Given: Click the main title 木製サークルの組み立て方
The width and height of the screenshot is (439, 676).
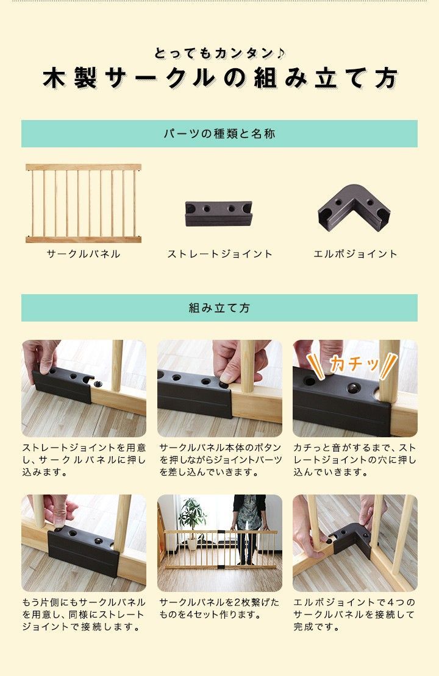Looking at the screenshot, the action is coord(220,79).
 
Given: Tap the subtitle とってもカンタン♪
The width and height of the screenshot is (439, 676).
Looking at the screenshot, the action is coord(220,53).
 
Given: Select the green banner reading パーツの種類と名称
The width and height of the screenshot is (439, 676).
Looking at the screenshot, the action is coord(220,133).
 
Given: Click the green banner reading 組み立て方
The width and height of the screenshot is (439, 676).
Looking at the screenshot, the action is coord(220,308).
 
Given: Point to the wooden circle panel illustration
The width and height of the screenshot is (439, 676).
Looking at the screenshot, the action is coord(84,203).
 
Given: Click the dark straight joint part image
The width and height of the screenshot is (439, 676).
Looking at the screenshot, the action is coord(218,213).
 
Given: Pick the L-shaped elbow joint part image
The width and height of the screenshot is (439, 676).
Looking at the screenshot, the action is coord(354,208).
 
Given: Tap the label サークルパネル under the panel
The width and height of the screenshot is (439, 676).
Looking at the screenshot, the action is coord(84,254).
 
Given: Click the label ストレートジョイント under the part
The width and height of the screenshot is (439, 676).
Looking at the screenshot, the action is coord(220,254).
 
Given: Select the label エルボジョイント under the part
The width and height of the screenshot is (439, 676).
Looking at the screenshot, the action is coord(355,254).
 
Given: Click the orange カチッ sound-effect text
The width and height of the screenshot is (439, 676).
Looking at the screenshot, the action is coord(354,365).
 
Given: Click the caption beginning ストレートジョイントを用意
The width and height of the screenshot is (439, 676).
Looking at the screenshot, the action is coord(84,460).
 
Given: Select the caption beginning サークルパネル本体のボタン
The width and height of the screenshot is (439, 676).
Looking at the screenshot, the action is coord(220,460).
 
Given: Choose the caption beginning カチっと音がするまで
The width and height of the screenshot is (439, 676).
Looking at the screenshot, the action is coord(355,460).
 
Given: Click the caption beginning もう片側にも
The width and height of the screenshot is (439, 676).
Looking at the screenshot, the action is coord(84,614).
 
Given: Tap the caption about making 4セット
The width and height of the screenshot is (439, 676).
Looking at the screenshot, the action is coord(220,608).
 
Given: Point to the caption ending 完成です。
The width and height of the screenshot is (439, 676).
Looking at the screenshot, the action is coord(354,614).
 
